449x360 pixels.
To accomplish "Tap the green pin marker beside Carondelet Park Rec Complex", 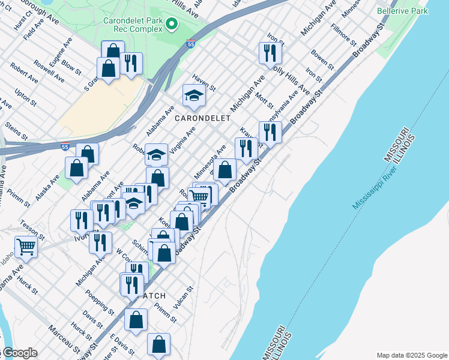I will click(172, 24).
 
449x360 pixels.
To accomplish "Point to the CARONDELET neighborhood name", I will click(202, 118).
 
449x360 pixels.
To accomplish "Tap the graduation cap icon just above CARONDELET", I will click(194, 95).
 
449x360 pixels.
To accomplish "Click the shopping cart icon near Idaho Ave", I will click(26, 245).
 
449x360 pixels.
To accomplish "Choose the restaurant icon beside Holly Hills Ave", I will click(270, 52).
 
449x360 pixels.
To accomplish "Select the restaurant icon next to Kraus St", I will click(270, 132).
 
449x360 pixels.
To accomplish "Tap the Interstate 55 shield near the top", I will click(190, 44).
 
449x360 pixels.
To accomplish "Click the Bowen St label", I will click(322, 60).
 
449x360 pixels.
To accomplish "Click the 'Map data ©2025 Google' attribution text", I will click(411, 355).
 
